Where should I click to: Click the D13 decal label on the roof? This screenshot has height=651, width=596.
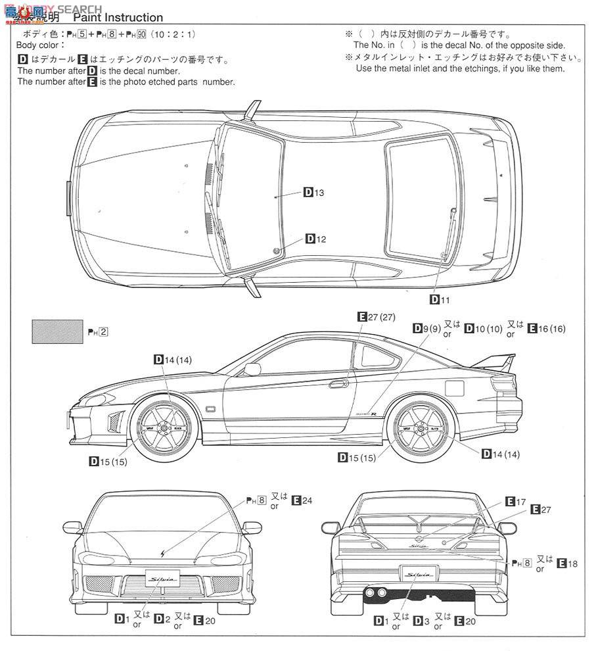pyautogui.click(x=314, y=193)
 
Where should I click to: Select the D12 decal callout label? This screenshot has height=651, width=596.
pyautogui.click(x=315, y=239)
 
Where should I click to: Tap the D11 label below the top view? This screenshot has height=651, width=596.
pyautogui.click(x=440, y=299)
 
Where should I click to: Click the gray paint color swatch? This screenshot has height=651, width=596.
pyautogui.click(x=58, y=331)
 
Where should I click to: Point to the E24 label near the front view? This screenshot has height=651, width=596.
pyautogui.click(x=302, y=501)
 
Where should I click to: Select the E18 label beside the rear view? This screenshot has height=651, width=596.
pyautogui.click(x=567, y=563)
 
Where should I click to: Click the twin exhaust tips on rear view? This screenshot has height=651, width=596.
pyautogui.click(x=375, y=593)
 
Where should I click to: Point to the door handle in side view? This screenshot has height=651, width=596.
pyautogui.click(x=339, y=383)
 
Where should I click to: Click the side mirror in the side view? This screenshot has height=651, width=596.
pyautogui.click(x=252, y=369)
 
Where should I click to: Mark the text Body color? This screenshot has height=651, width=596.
pyautogui.click(x=41, y=45)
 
